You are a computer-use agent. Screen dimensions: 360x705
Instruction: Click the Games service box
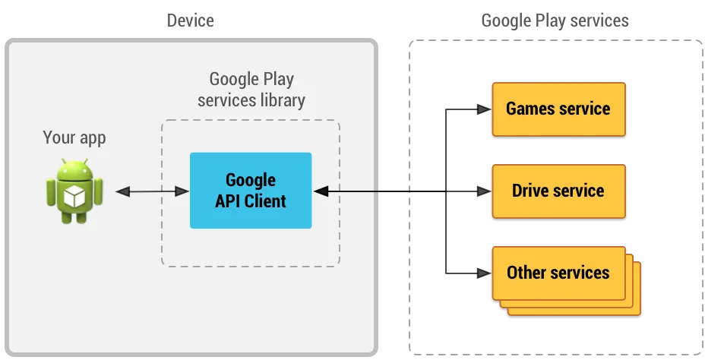[558, 109]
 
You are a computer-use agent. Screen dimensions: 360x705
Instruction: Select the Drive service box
[558, 191]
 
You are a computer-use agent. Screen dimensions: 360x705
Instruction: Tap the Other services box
[558, 273]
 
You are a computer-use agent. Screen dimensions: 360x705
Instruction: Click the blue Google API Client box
[250, 191]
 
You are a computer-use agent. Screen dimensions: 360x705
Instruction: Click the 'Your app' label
[74, 137]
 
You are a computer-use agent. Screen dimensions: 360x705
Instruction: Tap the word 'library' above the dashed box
[283, 99]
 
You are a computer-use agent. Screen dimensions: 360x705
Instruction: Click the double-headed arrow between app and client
[152, 192]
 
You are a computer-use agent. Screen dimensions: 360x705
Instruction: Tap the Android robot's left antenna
[64, 163]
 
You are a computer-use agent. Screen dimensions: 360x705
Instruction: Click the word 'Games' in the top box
[530, 109]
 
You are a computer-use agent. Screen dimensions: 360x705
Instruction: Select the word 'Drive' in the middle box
[532, 191]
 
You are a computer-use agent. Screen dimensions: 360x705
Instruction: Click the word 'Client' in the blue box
[262, 201]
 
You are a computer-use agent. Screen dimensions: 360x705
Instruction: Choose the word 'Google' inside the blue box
[250, 181]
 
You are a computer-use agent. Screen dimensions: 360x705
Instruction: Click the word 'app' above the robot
[92, 138]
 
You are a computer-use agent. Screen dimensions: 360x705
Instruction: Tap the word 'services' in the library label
[226, 99]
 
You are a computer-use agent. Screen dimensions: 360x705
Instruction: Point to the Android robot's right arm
[98, 191]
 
